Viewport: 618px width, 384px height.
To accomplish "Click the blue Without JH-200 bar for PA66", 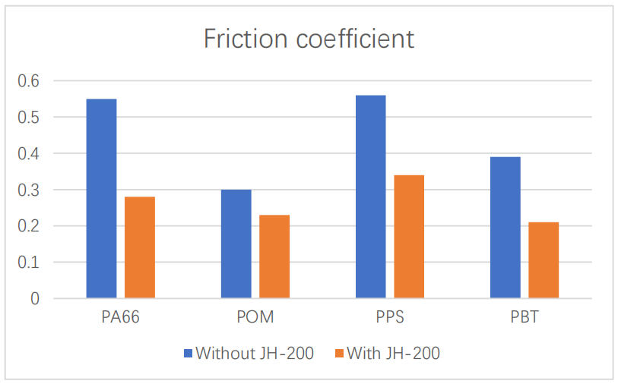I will [x=101, y=198].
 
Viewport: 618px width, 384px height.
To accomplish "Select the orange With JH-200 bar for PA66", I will [x=140, y=247].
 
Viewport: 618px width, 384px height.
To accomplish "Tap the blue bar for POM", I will [x=236, y=244].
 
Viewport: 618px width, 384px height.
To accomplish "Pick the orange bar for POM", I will [x=274, y=257].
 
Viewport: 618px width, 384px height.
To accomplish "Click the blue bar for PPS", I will [x=370, y=197].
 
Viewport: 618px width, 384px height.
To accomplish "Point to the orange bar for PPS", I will [x=409, y=237].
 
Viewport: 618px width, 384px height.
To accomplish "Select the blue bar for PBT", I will [x=505, y=228].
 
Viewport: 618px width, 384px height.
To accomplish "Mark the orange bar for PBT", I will [x=544, y=260].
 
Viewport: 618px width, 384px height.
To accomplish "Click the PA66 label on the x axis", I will [x=120, y=317].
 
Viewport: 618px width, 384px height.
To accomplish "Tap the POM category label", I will [x=255, y=317].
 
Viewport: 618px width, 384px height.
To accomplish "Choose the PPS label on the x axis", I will [x=389, y=317].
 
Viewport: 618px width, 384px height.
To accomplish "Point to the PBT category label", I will [x=524, y=317].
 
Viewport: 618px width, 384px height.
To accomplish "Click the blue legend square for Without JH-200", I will [x=189, y=353].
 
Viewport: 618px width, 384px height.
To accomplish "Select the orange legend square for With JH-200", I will [x=339, y=353].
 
